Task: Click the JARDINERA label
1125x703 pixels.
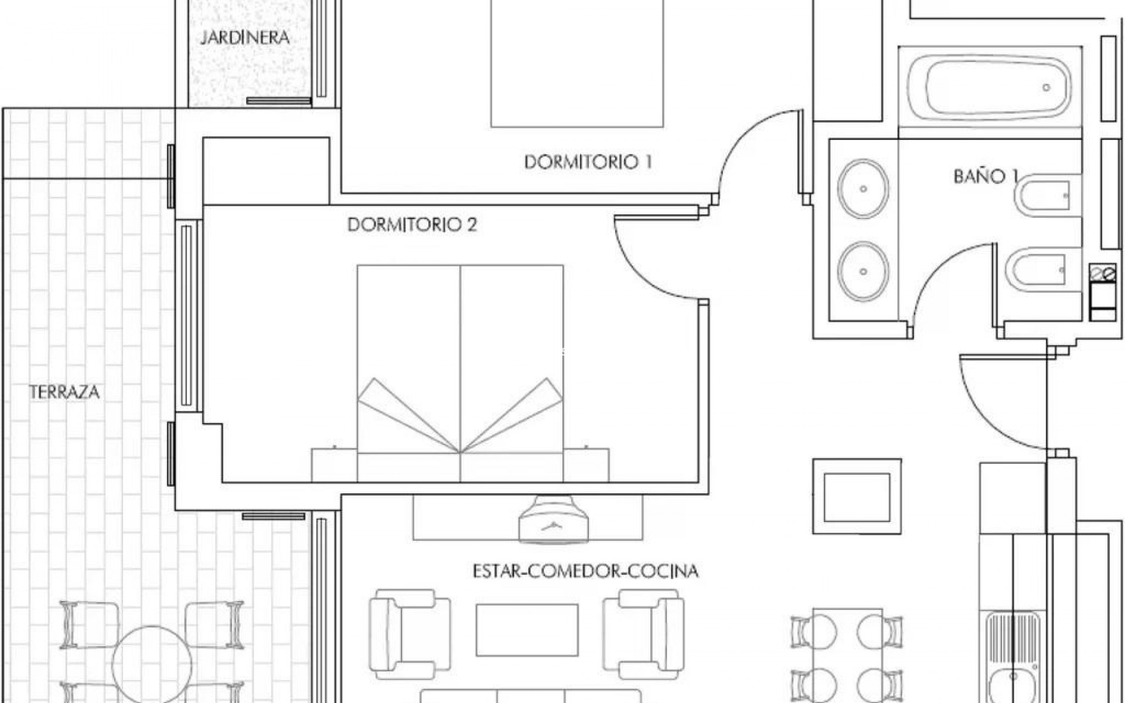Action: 245,37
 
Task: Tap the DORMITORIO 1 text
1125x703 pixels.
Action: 588,162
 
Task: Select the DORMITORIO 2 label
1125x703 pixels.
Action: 412,224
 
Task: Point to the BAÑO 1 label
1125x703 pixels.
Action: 987,176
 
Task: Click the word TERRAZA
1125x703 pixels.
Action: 64,392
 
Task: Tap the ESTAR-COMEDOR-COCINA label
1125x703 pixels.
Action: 585,571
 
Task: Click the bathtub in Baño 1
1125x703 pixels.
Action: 997,87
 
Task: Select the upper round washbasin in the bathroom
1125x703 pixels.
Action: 862,189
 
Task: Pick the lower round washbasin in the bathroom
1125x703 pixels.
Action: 862,271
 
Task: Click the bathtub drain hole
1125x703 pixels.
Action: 1046,88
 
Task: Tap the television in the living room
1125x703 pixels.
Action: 553,519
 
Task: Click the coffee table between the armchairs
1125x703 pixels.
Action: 527,630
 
